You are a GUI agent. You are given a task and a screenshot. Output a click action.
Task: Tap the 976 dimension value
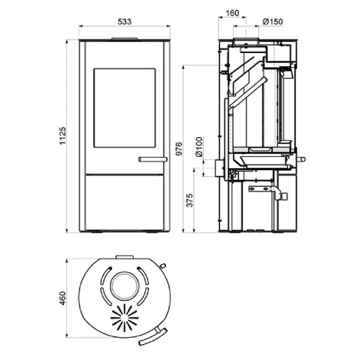[190, 147]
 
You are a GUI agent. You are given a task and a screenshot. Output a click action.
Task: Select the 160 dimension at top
[232, 13]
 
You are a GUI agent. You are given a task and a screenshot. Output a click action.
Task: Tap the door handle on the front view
[152, 158]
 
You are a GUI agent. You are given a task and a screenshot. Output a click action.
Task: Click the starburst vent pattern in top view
[125, 319]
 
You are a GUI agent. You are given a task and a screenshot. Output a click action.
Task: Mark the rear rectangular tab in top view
[125, 258]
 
